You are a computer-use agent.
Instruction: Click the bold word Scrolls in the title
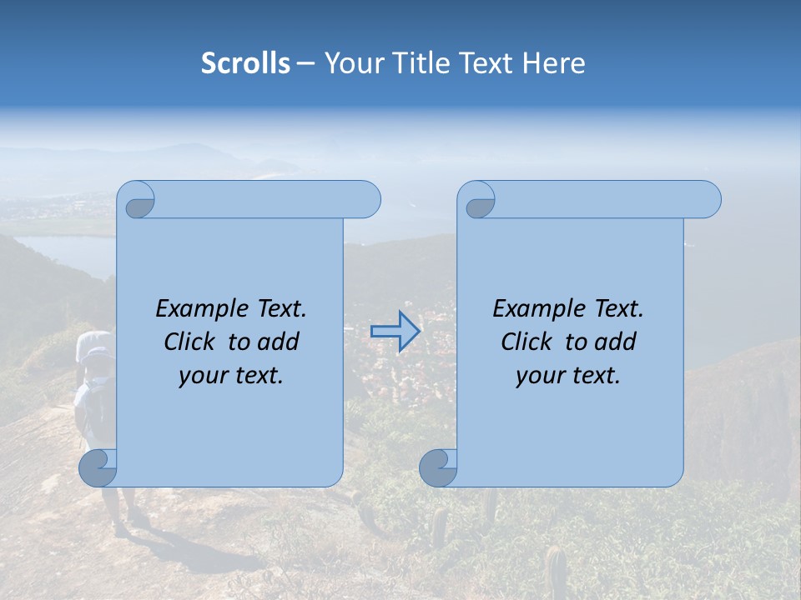[246, 63]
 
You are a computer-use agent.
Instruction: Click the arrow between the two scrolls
[395, 332]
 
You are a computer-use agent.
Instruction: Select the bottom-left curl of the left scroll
[98, 468]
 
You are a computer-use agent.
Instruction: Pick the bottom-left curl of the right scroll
[438, 468]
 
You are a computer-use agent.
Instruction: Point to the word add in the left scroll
[279, 342]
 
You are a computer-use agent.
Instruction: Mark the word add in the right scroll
[616, 342]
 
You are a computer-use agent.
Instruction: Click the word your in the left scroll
[201, 377]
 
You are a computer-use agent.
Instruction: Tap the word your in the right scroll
[538, 377]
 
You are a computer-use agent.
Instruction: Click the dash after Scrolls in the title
[306, 63]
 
